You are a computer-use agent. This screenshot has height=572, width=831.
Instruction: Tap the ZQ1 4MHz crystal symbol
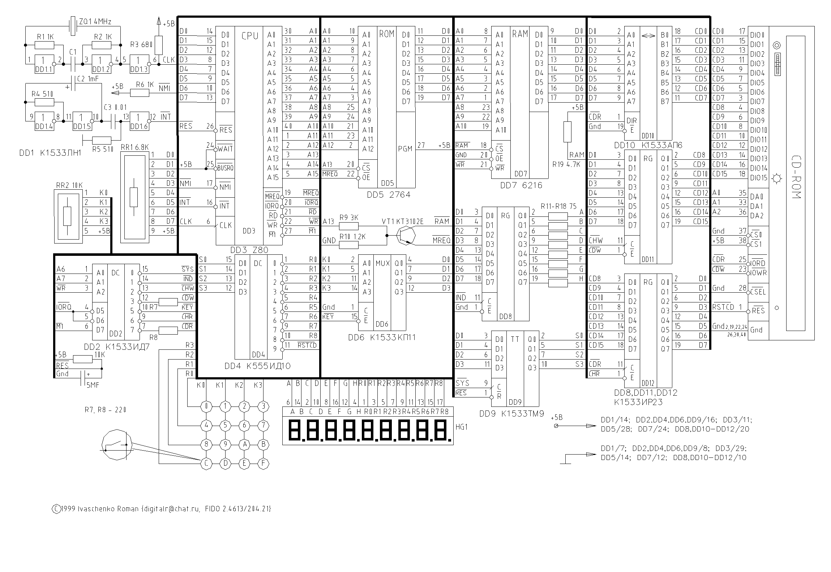tap(73, 26)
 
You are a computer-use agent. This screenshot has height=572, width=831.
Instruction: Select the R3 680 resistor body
tap(158, 45)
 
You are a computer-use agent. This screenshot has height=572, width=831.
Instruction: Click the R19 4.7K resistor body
tap(567, 132)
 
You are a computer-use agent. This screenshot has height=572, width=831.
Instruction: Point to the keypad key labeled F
tap(264, 463)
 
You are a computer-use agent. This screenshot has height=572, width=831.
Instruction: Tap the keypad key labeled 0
tap(206, 407)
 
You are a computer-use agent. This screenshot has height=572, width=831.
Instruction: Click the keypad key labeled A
tap(245, 444)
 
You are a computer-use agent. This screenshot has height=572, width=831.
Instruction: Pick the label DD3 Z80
tap(249, 250)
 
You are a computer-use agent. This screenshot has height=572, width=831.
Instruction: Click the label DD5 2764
tap(389, 195)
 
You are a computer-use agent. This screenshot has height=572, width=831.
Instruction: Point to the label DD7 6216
tap(521, 185)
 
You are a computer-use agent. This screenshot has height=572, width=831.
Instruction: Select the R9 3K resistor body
tap(349, 226)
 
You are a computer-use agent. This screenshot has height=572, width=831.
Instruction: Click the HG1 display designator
tap(462, 427)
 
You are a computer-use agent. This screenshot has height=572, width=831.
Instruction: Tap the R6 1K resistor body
tap(140, 93)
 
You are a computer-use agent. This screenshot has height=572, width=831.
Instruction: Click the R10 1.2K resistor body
tap(349, 245)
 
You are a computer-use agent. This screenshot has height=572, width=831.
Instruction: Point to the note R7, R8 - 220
tap(106, 410)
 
